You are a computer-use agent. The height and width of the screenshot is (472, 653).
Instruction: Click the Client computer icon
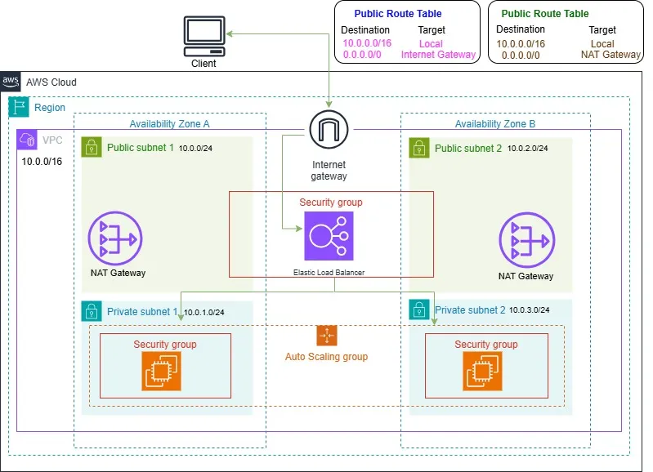204,36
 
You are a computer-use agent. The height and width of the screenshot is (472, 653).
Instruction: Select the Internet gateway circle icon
329,131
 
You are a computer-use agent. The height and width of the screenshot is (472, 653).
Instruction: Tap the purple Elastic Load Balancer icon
329,236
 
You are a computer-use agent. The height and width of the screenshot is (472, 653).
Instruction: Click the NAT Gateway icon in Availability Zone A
115,238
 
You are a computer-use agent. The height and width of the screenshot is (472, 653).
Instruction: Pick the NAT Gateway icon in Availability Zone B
526,241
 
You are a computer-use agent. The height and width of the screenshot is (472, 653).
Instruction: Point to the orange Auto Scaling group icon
327,336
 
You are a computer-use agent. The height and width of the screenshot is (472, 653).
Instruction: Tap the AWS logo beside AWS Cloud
11,82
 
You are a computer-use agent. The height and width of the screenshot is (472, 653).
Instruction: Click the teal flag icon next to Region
18,107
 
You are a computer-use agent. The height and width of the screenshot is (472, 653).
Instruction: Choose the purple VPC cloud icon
27,139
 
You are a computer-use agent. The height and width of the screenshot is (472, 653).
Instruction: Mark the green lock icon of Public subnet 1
92,148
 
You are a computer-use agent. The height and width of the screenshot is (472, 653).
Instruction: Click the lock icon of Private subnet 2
419,310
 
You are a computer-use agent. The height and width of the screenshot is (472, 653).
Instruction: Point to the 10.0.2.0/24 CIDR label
527,149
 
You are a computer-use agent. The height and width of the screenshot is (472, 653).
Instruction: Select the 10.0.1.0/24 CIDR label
204,312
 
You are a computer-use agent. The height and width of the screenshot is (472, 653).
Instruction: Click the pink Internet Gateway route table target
438,55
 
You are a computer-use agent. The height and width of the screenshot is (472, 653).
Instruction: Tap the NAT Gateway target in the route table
610,55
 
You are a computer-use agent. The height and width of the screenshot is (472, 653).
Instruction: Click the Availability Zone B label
495,123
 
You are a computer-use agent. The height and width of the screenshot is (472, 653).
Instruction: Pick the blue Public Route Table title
397,14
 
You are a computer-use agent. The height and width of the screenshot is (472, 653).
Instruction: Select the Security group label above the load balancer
330,202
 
